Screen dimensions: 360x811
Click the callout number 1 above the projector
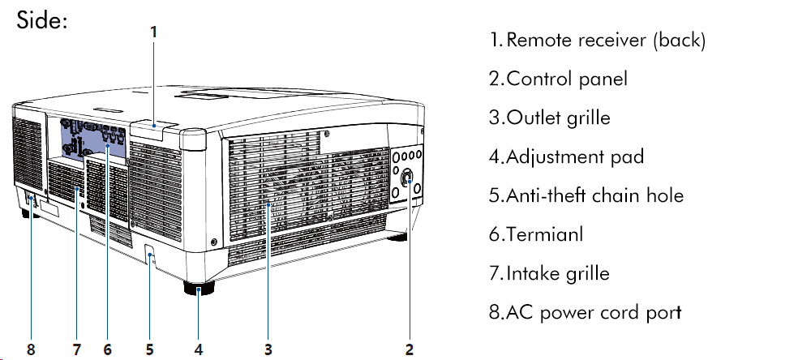coord(154,32)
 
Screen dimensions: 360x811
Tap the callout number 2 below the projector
coord(410,349)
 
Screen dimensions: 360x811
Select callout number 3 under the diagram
coord(268,349)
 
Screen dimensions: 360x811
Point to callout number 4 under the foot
coord(199,349)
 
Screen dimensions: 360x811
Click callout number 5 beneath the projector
coord(150,349)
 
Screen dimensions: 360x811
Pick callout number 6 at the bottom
coord(107,349)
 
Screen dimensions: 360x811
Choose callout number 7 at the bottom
coord(77,349)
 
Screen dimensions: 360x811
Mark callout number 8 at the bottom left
coord(31,349)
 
